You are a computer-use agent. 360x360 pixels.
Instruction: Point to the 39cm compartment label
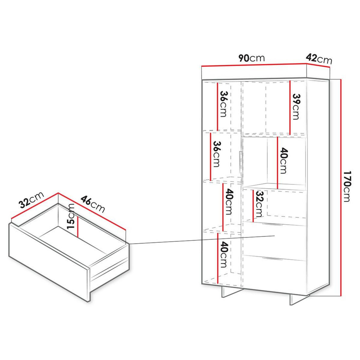pyautogui.click(x=296, y=106)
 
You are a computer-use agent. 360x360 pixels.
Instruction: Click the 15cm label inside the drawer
pyautogui.click(x=71, y=216)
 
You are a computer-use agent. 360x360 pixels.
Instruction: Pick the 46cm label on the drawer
pyautogui.click(x=93, y=204)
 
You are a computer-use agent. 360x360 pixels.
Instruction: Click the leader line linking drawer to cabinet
pyautogui.click(x=201, y=240)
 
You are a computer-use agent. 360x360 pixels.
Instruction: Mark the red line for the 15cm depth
pyautogui.click(x=77, y=226)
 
